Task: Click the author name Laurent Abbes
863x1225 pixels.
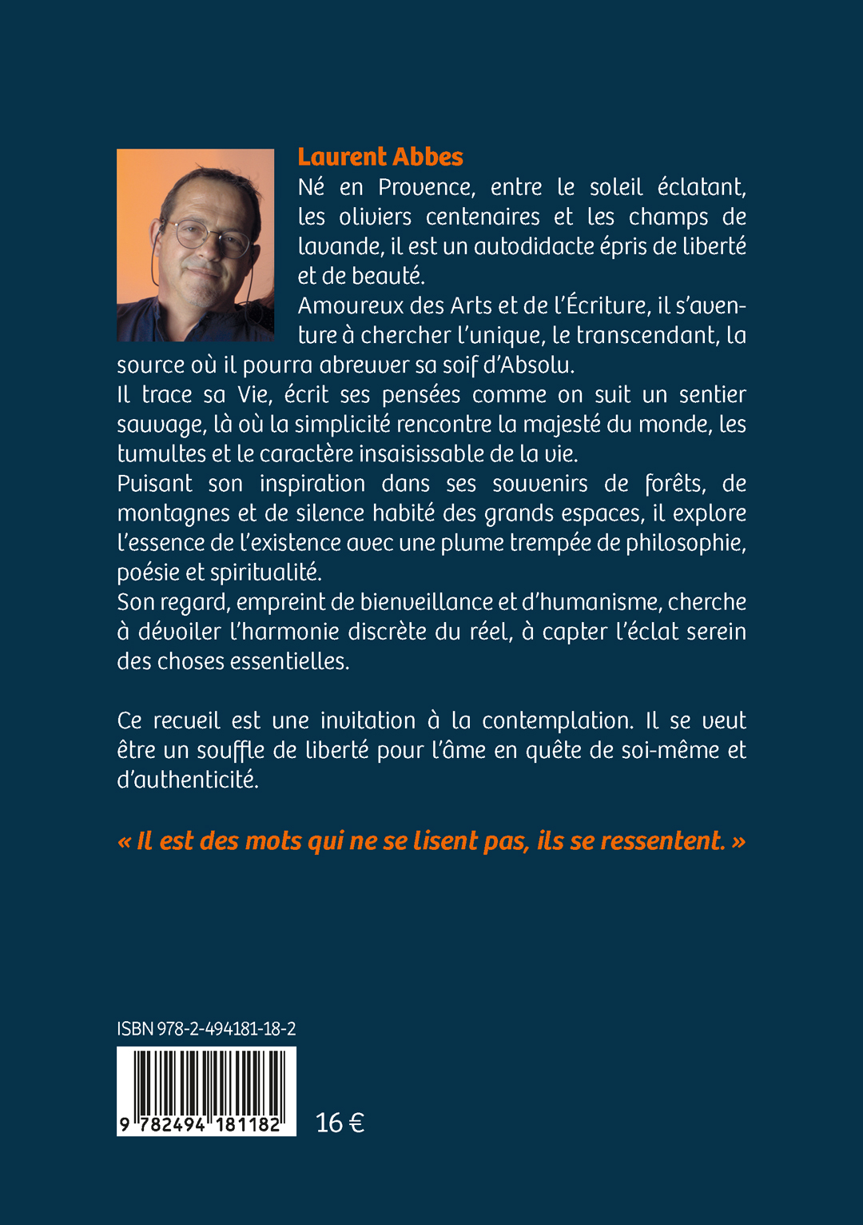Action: coord(380,157)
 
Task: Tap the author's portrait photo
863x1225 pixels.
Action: coord(195,245)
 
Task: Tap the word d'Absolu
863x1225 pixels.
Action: coord(528,365)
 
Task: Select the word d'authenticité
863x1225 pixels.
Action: coord(188,780)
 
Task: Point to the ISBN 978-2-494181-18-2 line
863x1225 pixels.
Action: coord(206,1029)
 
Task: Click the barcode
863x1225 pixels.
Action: coord(206,1090)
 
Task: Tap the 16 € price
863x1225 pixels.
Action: coord(340,1123)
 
